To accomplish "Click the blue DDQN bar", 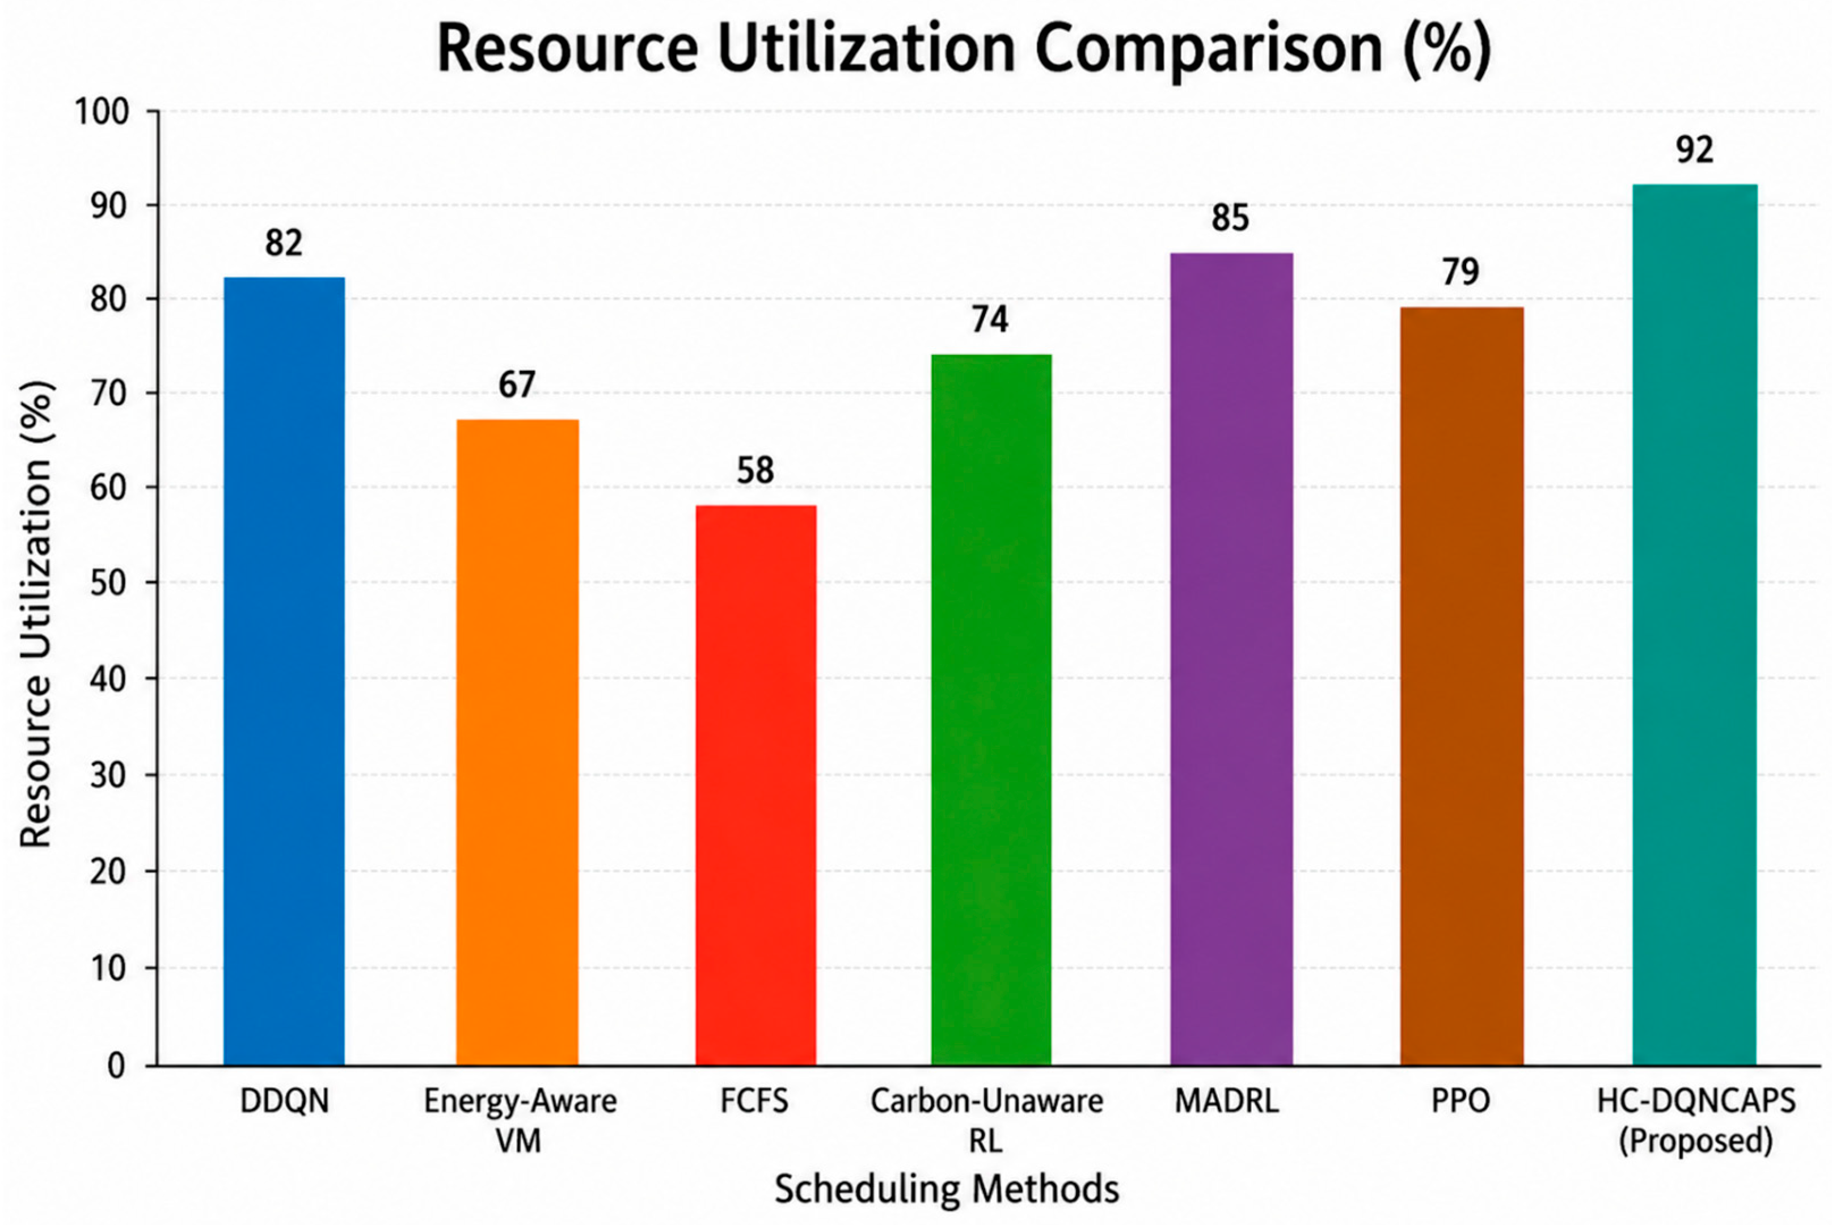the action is [284, 671].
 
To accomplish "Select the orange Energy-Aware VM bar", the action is [517, 742].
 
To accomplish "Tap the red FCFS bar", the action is [755, 785].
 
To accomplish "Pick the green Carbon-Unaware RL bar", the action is [991, 710].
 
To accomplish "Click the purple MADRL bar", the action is [1231, 660].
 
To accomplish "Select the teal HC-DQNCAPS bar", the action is [1695, 625].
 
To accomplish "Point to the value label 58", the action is [755, 470].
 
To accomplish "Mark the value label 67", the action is [517, 385].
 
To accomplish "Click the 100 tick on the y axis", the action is [102, 112].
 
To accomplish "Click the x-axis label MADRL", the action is [1227, 1101].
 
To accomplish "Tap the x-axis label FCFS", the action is [755, 1101].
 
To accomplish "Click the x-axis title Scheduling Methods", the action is [947, 1190].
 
